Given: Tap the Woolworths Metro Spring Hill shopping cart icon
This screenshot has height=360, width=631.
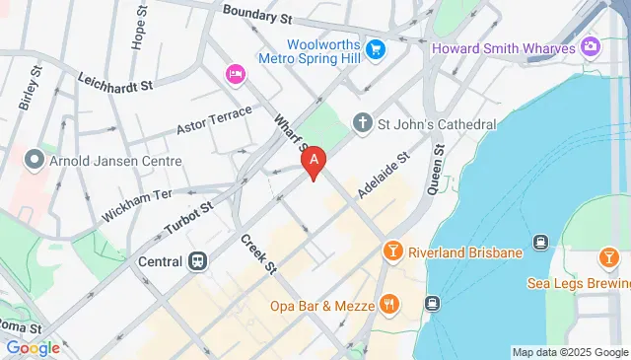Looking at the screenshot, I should (375, 47).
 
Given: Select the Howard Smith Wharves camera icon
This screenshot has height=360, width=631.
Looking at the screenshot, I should (591, 45).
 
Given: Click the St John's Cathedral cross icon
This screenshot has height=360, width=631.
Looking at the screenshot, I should (363, 124).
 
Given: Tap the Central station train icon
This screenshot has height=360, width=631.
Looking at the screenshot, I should (198, 261).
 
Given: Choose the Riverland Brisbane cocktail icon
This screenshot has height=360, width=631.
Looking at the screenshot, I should (392, 252).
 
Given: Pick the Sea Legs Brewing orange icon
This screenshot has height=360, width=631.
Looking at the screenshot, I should (608, 258).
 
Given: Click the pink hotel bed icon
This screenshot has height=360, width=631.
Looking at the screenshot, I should (235, 74).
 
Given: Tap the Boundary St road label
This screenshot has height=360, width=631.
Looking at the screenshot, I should (258, 15).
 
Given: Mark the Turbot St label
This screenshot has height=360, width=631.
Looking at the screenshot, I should (188, 220).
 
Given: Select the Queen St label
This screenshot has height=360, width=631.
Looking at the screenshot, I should (440, 167).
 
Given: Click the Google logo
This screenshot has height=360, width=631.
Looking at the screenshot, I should (33, 347).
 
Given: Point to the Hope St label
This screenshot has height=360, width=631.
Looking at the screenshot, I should (138, 32).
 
